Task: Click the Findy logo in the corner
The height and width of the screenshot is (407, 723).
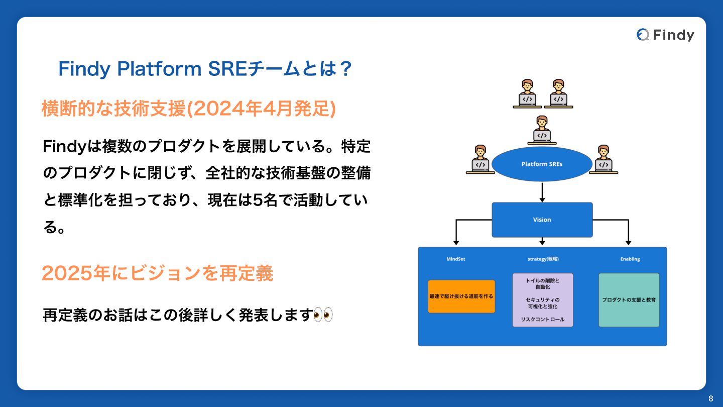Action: [x=665, y=35]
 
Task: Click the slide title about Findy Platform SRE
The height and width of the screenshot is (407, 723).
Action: [x=205, y=69]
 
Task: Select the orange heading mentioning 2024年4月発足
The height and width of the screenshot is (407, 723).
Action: [x=188, y=109]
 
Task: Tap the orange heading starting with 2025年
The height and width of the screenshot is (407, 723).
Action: [x=157, y=273]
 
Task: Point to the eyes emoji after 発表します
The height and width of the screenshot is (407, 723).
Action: [x=323, y=315]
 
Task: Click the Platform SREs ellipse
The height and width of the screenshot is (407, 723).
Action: [x=542, y=164]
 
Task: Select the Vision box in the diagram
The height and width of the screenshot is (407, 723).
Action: [x=542, y=220]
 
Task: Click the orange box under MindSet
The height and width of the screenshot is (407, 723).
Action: [x=461, y=296]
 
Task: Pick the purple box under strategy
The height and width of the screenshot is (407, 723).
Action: [x=542, y=300]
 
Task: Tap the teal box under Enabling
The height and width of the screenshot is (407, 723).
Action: [x=629, y=300]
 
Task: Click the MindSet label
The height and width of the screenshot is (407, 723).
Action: [x=456, y=259]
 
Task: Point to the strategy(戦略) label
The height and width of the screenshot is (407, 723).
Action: [x=543, y=259]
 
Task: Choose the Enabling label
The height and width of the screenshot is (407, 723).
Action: [x=630, y=259]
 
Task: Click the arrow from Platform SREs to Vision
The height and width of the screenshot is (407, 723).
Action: [x=542, y=192]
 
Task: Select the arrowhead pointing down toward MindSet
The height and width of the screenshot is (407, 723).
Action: [x=456, y=241]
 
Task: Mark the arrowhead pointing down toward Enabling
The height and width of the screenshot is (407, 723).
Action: [x=629, y=241]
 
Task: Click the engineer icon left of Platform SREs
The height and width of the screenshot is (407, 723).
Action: [x=480, y=159]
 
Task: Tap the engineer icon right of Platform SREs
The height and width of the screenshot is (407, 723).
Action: [x=604, y=159]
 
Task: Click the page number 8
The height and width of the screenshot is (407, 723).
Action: [x=710, y=398]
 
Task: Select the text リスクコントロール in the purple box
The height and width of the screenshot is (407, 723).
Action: [x=542, y=320]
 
